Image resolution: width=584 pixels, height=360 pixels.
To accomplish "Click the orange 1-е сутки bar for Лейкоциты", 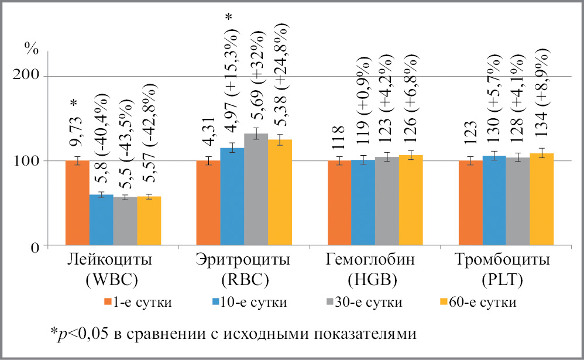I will pos(77,203).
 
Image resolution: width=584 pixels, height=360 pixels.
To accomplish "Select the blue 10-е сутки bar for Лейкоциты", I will pos(101,220).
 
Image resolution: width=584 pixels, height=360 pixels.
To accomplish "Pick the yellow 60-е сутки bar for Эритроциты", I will pos(280,193).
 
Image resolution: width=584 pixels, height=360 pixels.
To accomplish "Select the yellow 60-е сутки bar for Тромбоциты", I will pos(541,200).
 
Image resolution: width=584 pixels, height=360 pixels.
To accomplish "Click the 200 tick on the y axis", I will pos(26,76).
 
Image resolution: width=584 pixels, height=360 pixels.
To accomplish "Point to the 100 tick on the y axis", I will pos(26,161).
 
